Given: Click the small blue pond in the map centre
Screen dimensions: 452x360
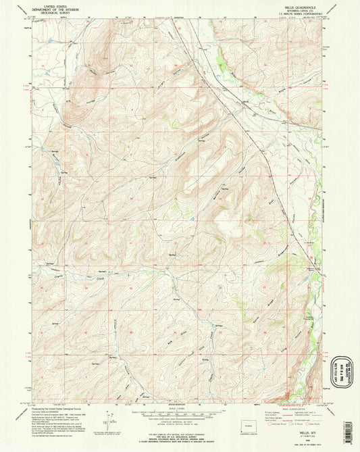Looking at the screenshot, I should click(192, 219).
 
